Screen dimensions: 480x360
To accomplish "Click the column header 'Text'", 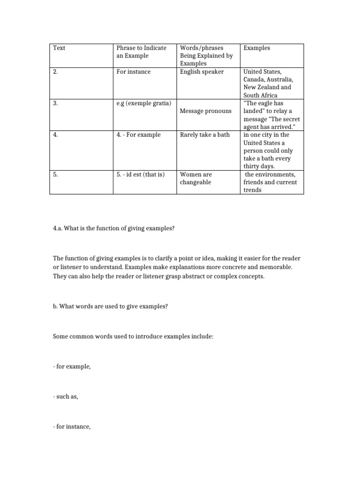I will [59, 48].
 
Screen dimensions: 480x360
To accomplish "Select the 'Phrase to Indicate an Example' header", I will [141, 52].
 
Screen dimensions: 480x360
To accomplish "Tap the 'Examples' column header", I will [256, 48].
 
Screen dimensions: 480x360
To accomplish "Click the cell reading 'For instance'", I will [134, 72].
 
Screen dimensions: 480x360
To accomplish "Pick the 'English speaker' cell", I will [202, 72].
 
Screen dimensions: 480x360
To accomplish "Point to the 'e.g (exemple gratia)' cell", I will [143, 103].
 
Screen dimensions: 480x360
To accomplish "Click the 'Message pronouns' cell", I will [206, 111].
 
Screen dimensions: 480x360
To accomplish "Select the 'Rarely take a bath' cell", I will [205, 135].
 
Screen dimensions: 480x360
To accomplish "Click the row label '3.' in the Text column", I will [55, 103].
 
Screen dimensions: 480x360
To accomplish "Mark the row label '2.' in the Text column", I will [55, 72].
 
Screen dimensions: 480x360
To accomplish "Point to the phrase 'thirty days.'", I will [259, 166].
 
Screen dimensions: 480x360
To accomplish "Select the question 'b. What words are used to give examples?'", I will [110, 307].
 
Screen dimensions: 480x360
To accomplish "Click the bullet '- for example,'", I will [72, 367].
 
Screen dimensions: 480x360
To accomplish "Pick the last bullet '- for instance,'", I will [72, 427].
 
